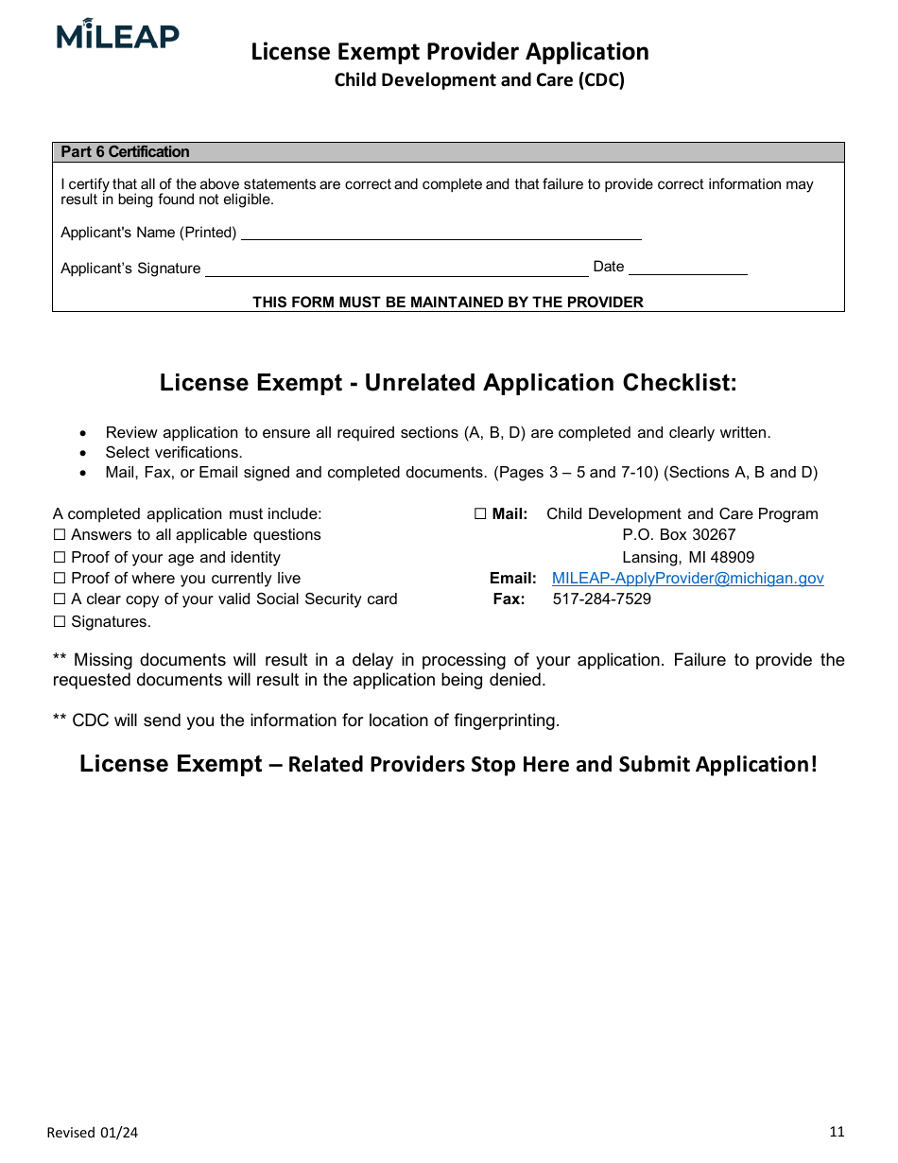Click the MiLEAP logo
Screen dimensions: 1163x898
point(117,35)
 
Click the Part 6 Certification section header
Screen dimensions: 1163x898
point(125,152)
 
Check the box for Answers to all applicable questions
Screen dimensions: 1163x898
point(60,535)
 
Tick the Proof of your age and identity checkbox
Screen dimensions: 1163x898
point(60,558)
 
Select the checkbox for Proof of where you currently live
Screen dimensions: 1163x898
point(60,579)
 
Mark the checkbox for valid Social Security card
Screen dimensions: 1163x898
point(60,599)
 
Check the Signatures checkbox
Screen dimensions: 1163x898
point(60,622)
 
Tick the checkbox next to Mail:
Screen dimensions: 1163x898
point(480,514)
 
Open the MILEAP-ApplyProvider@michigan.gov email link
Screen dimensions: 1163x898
point(687,579)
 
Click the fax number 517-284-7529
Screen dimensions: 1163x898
point(601,599)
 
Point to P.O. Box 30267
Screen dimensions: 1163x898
point(679,535)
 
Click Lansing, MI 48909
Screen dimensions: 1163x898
point(687,558)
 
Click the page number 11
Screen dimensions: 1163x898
point(837,1132)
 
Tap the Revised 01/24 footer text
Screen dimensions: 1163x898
point(92,1133)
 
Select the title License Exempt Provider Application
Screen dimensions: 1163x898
point(450,52)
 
